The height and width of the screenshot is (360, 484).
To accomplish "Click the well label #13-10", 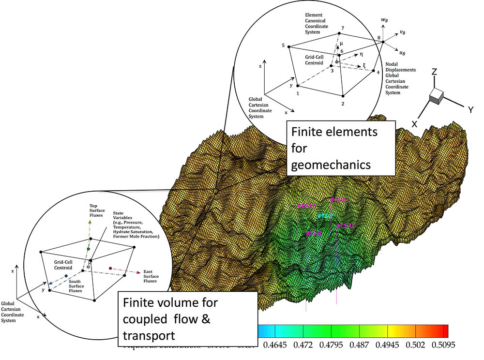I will [306, 207].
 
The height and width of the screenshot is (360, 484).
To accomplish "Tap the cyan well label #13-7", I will [325, 216].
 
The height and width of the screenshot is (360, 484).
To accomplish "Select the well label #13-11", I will [346, 226].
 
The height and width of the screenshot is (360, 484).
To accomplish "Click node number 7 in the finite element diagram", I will [343, 29].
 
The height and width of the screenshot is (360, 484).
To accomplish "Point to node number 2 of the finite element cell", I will [343, 104].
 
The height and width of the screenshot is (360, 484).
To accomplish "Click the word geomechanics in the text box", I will [330, 165].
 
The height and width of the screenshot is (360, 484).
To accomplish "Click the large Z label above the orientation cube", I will [435, 72].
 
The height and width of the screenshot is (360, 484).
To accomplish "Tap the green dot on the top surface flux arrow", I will [88, 249].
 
